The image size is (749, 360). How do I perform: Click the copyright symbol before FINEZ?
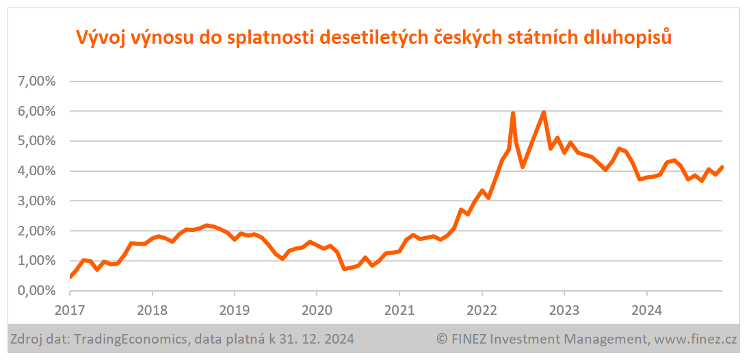442,338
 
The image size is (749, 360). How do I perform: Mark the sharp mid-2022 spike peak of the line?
512,113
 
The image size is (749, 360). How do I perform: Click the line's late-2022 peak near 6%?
543,113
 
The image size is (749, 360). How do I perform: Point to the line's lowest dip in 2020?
345,269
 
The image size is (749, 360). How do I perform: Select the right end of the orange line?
722,167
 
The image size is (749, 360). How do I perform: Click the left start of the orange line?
70,277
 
